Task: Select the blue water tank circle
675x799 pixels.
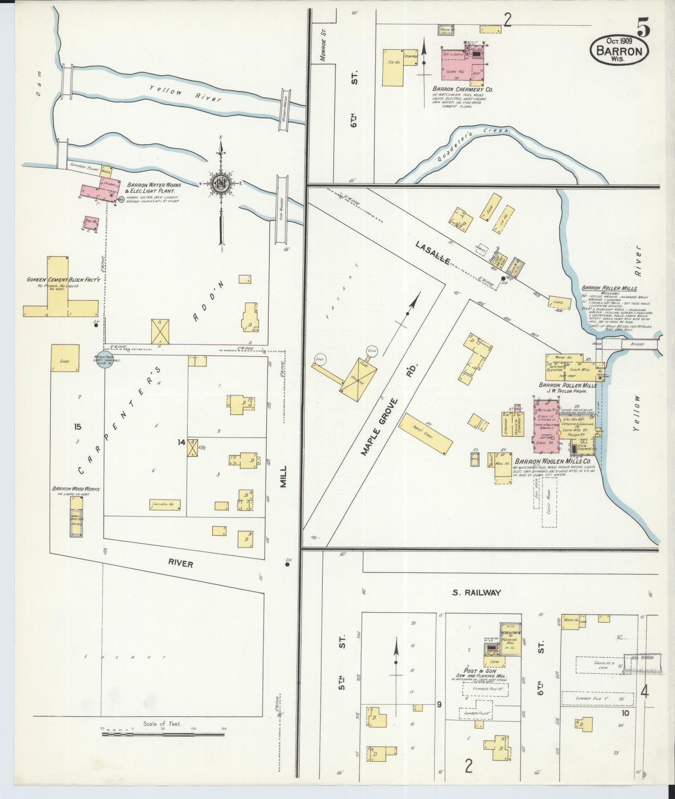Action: [104, 360]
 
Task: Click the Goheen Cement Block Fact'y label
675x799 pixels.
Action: [63, 280]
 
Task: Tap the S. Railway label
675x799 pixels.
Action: [476, 593]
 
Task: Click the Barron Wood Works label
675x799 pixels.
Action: [75, 489]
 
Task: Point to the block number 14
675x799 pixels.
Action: [181, 442]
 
